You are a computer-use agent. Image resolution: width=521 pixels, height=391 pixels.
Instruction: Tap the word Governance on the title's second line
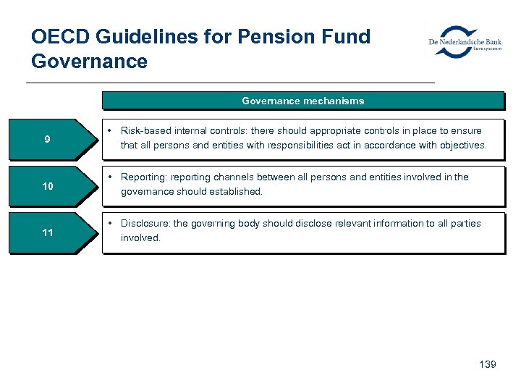[x=89, y=62]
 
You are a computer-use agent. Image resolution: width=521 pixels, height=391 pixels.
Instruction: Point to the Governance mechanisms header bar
[x=302, y=101]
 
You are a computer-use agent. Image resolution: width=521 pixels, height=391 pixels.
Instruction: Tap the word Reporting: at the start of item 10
[x=143, y=177]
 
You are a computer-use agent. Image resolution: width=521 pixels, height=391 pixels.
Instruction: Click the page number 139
[x=487, y=364]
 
